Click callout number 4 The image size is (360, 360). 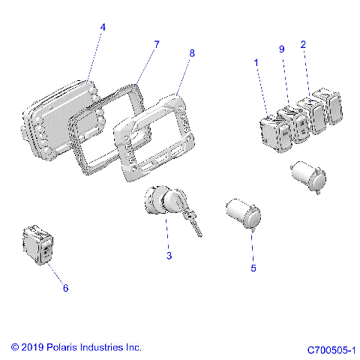103,27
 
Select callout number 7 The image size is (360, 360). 157,44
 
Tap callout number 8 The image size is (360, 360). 192,53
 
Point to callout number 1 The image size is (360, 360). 256,62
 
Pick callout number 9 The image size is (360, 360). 282,49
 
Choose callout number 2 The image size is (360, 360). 303,45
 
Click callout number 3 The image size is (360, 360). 169,256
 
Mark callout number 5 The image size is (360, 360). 253,268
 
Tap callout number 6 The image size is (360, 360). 65,288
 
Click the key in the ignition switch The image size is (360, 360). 192,222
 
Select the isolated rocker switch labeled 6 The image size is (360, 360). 38,244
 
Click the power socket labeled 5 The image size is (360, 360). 243,214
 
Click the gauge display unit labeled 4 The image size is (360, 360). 60,120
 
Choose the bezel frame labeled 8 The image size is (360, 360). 154,137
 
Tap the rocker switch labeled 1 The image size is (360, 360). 276,133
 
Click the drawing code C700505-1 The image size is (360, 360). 331,350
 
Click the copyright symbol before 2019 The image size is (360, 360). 15,347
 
